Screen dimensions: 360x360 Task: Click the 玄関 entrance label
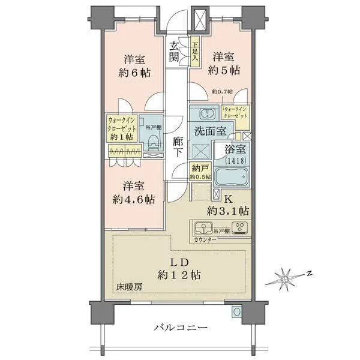click(x=174, y=52)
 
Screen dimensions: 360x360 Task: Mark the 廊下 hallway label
click(x=178, y=148)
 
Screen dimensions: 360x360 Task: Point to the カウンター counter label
click(x=206, y=240)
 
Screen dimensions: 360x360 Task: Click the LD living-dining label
click(x=179, y=262)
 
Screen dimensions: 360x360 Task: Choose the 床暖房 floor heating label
click(x=130, y=287)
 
